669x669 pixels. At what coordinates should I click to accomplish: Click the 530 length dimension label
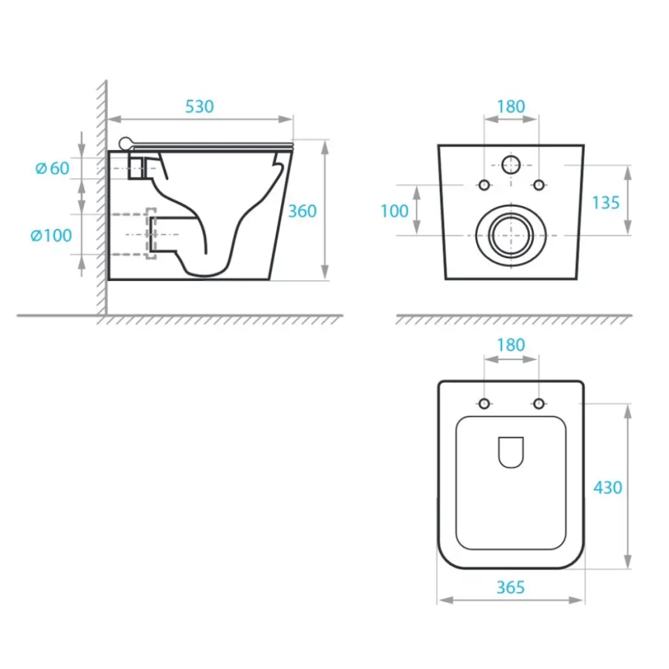[199, 106]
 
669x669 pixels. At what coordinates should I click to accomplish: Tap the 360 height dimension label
[302, 211]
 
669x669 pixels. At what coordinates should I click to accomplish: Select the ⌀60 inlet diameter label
[52, 168]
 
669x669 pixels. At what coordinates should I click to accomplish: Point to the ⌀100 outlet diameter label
[51, 235]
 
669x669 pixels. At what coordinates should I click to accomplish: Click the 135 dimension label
[606, 203]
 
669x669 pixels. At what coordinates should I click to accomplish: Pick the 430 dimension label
[607, 487]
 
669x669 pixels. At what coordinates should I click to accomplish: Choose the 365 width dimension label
[511, 587]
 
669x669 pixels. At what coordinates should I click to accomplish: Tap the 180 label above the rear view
[511, 106]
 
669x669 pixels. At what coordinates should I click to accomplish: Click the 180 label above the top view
[511, 345]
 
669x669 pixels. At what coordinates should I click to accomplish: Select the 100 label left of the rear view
[395, 211]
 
